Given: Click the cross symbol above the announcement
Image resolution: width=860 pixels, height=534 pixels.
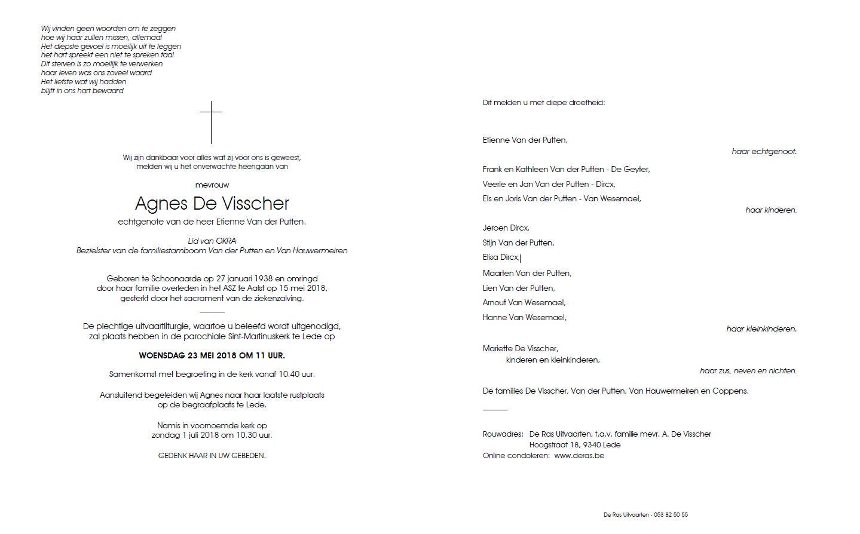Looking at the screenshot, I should (211, 122).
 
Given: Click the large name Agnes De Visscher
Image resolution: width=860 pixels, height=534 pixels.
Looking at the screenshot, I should (212, 204).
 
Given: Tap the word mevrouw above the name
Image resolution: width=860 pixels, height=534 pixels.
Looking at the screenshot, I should (212, 185).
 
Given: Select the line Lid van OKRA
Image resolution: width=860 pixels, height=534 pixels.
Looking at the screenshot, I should (212, 241).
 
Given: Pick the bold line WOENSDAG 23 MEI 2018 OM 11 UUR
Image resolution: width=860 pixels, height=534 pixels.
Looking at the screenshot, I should (212, 355).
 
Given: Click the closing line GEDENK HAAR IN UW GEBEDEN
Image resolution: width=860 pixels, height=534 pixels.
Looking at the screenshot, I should (212, 455).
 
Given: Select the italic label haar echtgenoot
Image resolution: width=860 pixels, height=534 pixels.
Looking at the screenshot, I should (764, 152).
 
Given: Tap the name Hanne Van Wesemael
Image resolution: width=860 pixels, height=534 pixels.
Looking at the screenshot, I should (524, 318).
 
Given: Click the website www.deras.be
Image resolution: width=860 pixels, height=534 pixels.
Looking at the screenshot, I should (579, 456).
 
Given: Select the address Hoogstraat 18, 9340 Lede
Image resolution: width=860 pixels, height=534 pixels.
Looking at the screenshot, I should (574, 445).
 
